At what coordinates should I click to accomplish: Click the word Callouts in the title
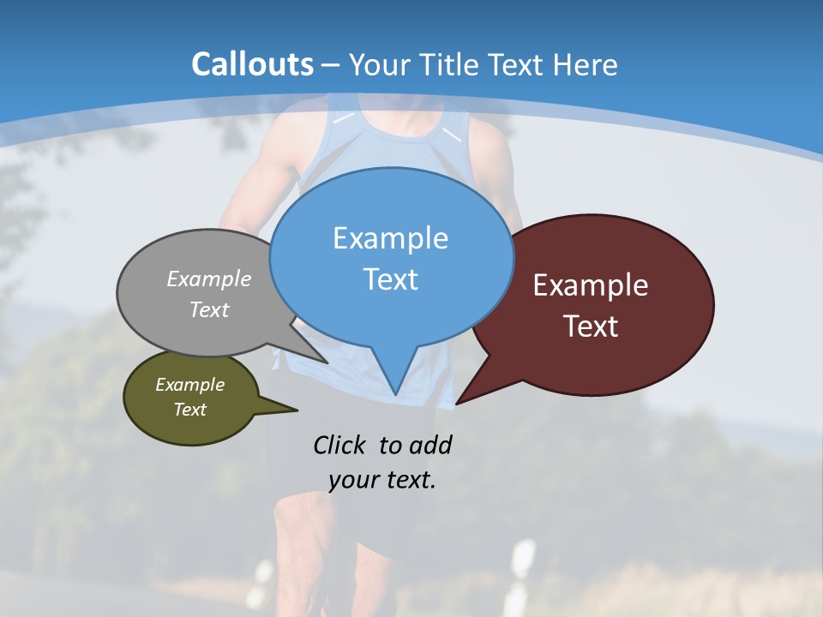tap(252, 64)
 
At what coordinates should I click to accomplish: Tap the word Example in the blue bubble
tap(390, 238)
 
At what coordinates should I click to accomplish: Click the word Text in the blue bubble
tap(390, 279)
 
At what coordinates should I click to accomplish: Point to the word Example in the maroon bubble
tap(591, 285)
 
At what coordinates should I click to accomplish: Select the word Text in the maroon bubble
tap(591, 326)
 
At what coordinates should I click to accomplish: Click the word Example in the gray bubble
tap(209, 279)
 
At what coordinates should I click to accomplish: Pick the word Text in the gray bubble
tap(209, 309)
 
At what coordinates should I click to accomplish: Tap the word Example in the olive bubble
tap(189, 385)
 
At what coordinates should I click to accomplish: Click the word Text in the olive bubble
tap(189, 410)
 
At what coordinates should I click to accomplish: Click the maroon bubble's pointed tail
tap(460, 399)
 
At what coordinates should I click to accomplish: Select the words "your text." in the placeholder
tap(382, 480)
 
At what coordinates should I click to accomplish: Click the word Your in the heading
tap(377, 65)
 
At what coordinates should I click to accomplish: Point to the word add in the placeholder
tap(430, 445)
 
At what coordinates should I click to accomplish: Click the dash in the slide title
tap(331, 65)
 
